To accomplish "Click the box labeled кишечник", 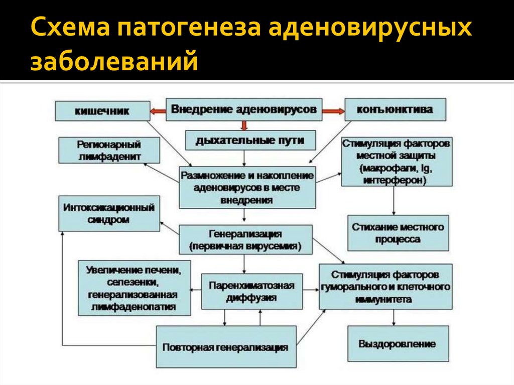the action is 102,111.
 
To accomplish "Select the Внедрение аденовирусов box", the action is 244,109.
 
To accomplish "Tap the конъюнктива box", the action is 395,109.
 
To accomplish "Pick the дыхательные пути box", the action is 250,141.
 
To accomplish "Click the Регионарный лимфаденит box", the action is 109,150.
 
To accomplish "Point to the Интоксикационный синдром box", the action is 109,213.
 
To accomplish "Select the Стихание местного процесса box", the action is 398,233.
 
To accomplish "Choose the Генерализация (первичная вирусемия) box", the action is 245,240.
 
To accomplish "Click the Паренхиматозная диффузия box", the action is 252,292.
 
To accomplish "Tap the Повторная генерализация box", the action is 226,347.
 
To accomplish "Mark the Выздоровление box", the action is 398,344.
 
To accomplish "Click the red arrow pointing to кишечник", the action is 158,111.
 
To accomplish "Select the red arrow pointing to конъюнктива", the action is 333,111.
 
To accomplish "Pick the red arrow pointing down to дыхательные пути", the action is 244,125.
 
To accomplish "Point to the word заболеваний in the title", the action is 114,61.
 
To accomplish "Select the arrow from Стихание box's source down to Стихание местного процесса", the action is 394,201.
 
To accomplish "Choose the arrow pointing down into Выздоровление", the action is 394,317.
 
